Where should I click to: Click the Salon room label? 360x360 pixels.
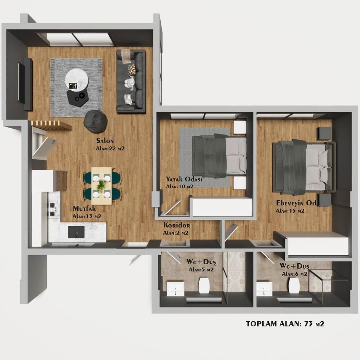(x=105, y=141)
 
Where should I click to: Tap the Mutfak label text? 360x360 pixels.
(x=84, y=208)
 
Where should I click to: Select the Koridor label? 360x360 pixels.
(x=176, y=225)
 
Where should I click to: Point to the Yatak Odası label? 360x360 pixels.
(x=184, y=179)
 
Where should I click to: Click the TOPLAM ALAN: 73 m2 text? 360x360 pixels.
(x=285, y=324)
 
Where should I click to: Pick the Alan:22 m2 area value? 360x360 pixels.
(x=110, y=148)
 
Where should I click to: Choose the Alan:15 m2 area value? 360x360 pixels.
(x=290, y=211)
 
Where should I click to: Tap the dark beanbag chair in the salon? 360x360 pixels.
(x=96, y=121)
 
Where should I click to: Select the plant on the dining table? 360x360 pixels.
(x=101, y=185)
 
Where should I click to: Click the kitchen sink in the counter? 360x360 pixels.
(x=76, y=232)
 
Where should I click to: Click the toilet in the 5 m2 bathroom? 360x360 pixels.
(x=204, y=285)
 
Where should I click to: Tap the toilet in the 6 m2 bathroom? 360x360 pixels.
(x=294, y=285)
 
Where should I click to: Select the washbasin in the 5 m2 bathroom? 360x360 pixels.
(x=175, y=289)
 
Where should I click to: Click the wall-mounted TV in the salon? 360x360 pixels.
(x=21, y=83)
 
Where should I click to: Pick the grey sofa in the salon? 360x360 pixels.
(x=131, y=82)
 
